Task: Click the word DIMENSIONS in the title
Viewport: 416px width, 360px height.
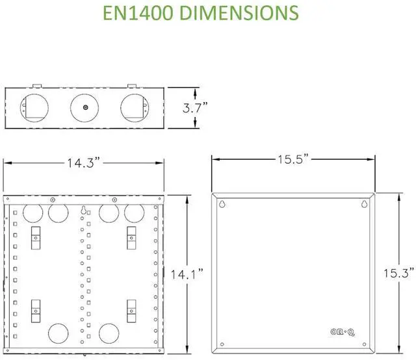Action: (x=246, y=13)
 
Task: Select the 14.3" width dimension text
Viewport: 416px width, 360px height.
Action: (x=83, y=163)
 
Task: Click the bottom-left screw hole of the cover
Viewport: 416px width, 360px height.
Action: (x=222, y=344)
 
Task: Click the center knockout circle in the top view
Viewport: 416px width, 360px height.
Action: (x=83, y=107)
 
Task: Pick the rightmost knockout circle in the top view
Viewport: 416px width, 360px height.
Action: (x=133, y=107)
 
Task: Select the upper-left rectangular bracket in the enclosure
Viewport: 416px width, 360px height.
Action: (x=36, y=237)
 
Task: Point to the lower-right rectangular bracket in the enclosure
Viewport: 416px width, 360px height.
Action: (x=132, y=309)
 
